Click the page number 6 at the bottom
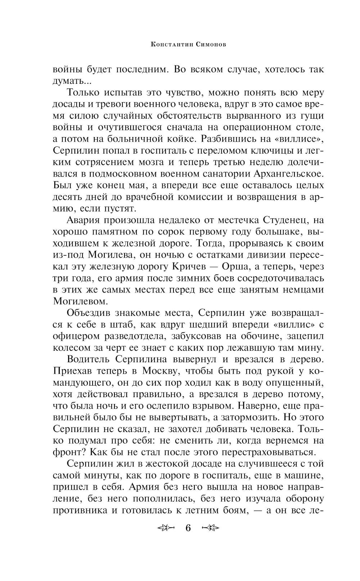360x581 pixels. coord(188,528)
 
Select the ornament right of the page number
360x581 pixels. coord(211,528)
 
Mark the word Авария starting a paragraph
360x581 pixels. coord(86,220)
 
